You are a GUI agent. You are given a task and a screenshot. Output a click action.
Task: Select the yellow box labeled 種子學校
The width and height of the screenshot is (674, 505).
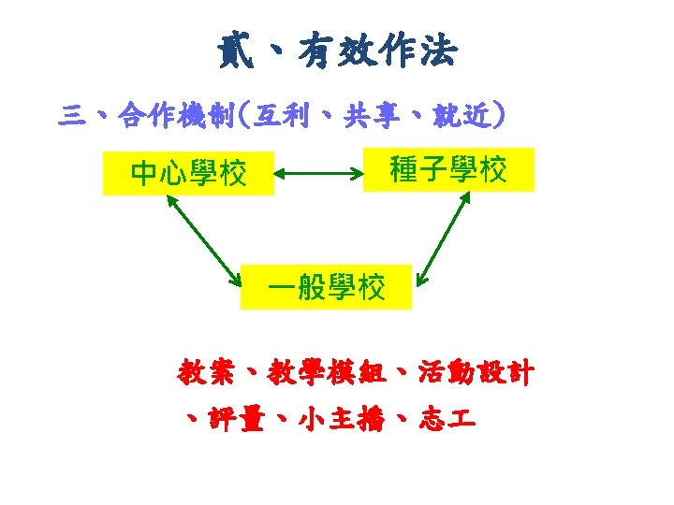(448, 169)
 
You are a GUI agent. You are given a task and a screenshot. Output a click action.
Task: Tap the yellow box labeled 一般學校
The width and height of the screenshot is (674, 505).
(326, 287)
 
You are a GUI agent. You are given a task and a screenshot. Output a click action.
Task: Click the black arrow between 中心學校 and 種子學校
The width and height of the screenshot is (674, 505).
(319, 172)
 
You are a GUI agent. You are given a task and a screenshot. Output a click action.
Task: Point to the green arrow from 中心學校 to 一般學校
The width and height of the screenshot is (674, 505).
(203, 238)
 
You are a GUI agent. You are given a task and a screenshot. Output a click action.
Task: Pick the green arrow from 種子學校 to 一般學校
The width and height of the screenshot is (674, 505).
(445, 237)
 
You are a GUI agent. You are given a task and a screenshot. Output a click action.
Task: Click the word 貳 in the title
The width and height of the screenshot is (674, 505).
(235, 50)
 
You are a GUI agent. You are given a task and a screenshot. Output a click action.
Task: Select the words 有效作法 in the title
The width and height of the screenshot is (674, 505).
(378, 50)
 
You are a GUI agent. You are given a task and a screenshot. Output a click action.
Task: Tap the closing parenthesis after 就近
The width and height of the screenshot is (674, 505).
(502, 117)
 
